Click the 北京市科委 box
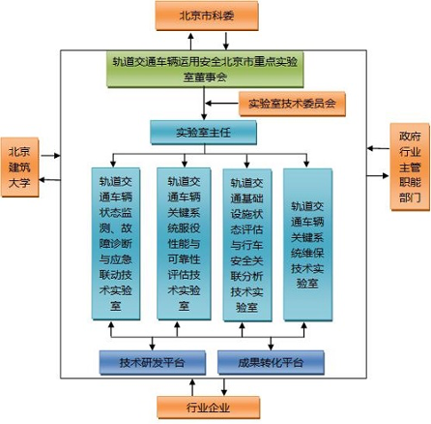207,15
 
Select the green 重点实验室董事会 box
205,70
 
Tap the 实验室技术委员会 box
292,104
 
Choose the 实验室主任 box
204,133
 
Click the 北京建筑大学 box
19,167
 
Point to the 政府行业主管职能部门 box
410,167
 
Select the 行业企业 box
209,408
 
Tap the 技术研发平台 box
153,363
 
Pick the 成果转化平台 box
271,363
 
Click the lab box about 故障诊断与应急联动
116,244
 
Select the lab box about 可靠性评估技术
184,244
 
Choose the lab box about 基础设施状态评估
247,245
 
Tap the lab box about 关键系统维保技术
307,245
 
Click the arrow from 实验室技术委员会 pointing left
222,104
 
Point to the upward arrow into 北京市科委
190,41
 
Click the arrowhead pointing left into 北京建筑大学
43,180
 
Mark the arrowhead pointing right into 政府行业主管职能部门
386,175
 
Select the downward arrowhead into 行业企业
224,392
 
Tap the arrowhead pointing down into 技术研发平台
153,347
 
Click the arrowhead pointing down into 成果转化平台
271,347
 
